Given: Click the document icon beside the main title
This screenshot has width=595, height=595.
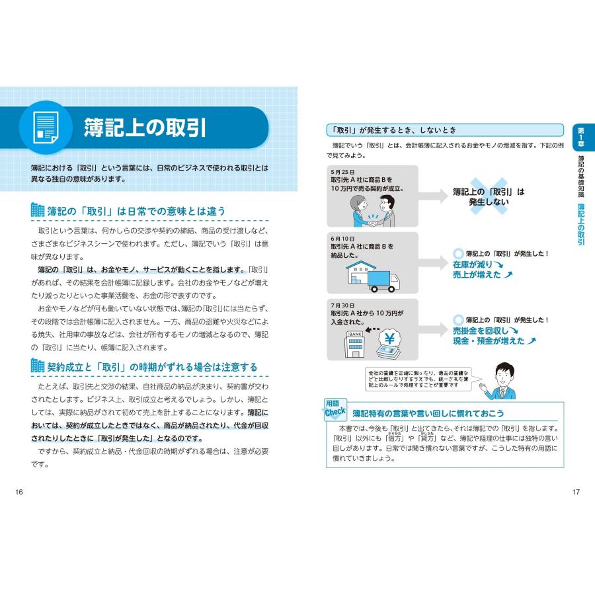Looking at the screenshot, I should (x=45, y=128).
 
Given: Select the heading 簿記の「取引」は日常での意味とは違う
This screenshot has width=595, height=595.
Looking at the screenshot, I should (x=136, y=211).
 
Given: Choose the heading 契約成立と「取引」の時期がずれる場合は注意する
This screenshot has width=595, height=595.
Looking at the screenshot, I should (x=151, y=367).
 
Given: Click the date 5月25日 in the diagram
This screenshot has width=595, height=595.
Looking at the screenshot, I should (x=342, y=171).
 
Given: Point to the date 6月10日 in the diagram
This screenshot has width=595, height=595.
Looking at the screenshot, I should (x=342, y=238).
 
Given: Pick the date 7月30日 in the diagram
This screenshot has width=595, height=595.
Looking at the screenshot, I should (x=342, y=305).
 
